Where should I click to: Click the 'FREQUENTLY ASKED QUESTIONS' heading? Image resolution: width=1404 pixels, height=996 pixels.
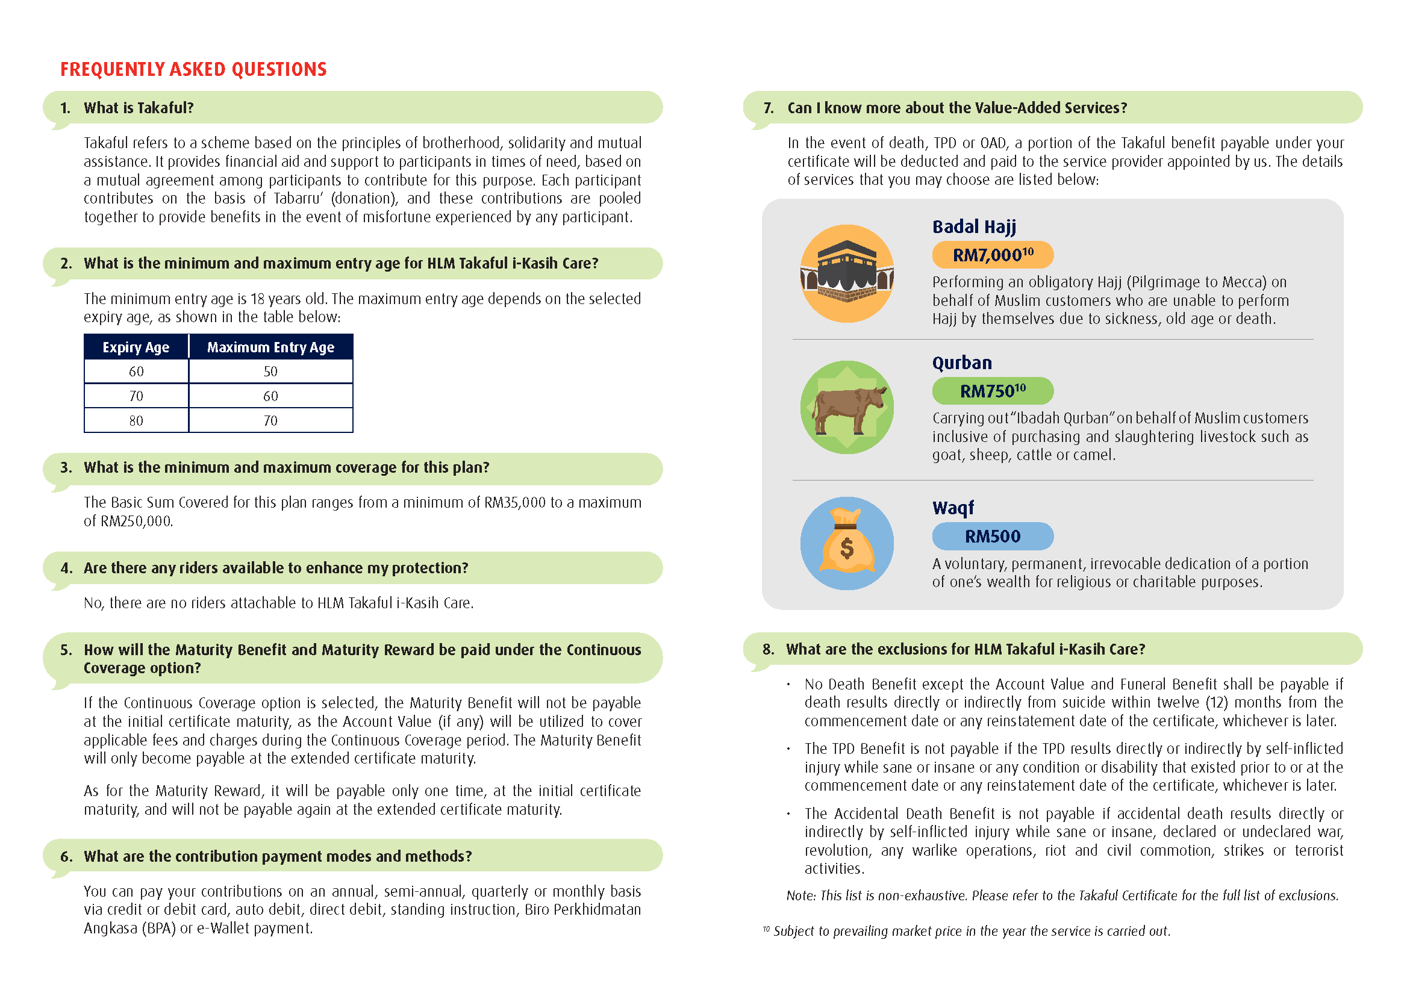tap(193, 69)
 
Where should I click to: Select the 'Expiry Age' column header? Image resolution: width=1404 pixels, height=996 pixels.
tap(136, 347)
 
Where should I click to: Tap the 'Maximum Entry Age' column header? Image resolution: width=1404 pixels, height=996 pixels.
tap(270, 347)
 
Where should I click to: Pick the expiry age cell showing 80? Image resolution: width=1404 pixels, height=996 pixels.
tap(136, 421)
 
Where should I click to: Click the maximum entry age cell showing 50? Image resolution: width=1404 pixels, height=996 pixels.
tap(270, 372)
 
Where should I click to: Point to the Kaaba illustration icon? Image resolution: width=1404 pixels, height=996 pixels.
tap(846, 273)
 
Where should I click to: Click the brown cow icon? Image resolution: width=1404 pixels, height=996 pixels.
tap(846, 408)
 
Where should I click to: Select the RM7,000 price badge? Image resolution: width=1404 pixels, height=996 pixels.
tap(993, 255)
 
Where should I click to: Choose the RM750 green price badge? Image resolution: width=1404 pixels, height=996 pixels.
tap(993, 391)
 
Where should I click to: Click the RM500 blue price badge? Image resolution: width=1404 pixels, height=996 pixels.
tap(993, 537)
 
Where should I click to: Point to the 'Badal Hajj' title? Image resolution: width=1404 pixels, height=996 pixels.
tap(974, 227)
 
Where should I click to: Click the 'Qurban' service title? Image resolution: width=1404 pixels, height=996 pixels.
tap(962, 363)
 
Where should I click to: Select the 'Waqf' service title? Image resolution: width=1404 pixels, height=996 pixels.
tap(952, 508)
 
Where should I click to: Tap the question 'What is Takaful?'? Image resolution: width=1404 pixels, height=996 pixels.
tap(139, 108)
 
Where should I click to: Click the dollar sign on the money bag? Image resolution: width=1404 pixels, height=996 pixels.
tap(846, 547)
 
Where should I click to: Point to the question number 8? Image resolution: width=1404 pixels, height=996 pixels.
tap(768, 650)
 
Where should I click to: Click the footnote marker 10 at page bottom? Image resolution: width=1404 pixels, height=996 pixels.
tap(766, 929)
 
